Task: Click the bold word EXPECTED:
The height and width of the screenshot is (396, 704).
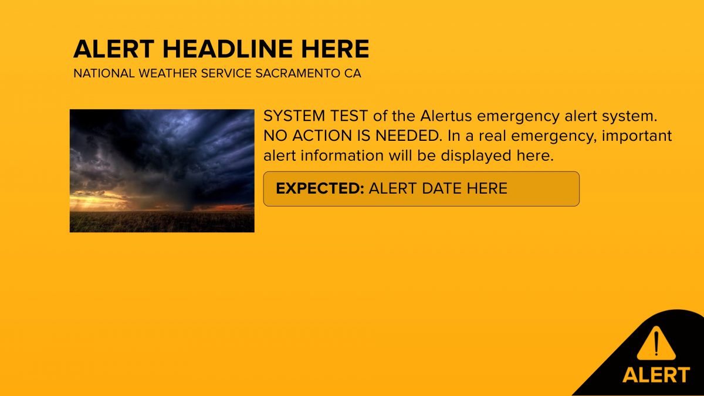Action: point(320,188)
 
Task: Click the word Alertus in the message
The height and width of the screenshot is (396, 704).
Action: point(446,116)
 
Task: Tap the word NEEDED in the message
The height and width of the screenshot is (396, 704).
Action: point(408,136)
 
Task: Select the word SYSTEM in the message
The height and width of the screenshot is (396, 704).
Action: point(294,116)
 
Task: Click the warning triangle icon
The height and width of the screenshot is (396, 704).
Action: point(656,344)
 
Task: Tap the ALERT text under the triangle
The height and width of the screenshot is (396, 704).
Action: point(656,375)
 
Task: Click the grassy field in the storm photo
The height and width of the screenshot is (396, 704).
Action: point(162,222)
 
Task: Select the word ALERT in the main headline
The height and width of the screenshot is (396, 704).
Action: point(114,49)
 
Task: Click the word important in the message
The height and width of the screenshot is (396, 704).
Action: point(637,136)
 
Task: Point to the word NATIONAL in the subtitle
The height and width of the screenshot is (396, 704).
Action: point(104,73)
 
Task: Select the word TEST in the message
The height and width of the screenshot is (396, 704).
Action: point(348,116)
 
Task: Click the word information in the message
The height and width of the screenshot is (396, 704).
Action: point(342,155)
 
